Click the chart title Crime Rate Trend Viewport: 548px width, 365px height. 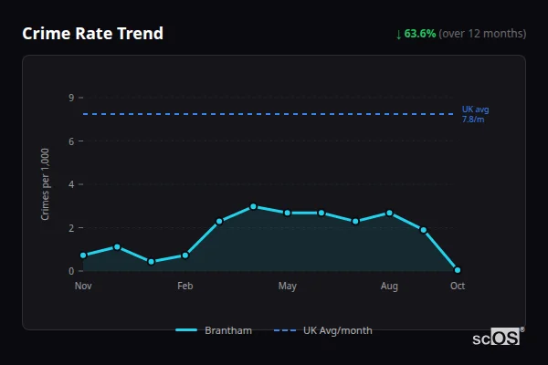pyautogui.click(x=92, y=34)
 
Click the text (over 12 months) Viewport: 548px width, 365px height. pyautogui.click(x=482, y=34)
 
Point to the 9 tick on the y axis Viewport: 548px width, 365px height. pyautogui.click(x=70, y=98)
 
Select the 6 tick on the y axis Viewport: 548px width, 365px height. pyautogui.click(x=70, y=141)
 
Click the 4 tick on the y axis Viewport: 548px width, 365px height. pyautogui.click(x=70, y=184)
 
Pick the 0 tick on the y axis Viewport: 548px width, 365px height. pyautogui.click(x=70, y=271)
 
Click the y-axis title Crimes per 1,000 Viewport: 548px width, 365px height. pyautogui.click(x=45, y=185)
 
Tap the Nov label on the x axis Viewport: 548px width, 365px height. pyautogui.click(x=83, y=287)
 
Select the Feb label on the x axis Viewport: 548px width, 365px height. pyautogui.click(x=185, y=287)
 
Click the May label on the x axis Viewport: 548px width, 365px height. pyautogui.click(x=288, y=287)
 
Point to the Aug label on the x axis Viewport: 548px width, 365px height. pyautogui.click(x=389, y=287)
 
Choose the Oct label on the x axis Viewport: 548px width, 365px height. pyautogui.click(x=458, y=287)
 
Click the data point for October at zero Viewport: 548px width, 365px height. pyautogui.click(x=458, y=270)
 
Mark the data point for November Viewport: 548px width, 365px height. pyautogui.click(x=83, y=255)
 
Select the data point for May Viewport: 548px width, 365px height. pyautogui.click(x=288, y=213)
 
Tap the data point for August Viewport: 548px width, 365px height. pyautogui.click(x=389, y=213)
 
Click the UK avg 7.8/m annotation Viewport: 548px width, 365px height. pyautogui.click(x=475, y=114)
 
